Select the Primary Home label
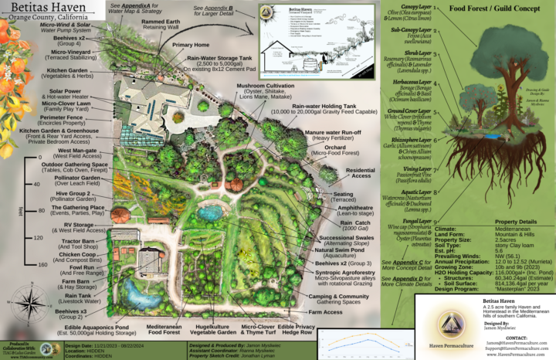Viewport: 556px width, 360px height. tap(180, 46)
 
